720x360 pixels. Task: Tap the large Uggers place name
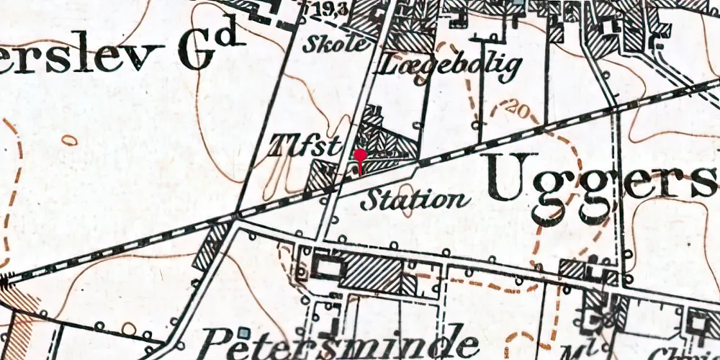(601, 179)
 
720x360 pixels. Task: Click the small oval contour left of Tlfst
(69, 140)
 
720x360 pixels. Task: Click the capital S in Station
(371, 199)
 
